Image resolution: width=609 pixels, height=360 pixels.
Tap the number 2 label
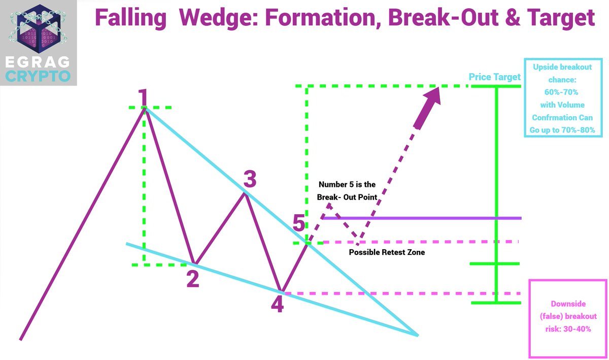pyautogui.click(x=192, y=279)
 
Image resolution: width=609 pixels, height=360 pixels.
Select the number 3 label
pyautogui.click(x=249, y=179)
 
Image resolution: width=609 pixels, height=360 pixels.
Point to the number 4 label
pyautogui.click(x=277, y=304)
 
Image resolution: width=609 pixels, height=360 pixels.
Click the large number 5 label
pyautogui.click(x=300, y=223)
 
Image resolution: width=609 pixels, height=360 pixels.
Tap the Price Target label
pyautogui.click(x=494, y=77)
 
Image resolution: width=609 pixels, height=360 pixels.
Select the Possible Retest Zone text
pyautogui.click(x=387, y=252)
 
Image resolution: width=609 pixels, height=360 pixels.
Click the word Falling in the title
pyautogui.click(x=130, y=18)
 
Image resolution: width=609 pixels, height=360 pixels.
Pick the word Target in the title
pyautogui.click(x=563, y=18)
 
